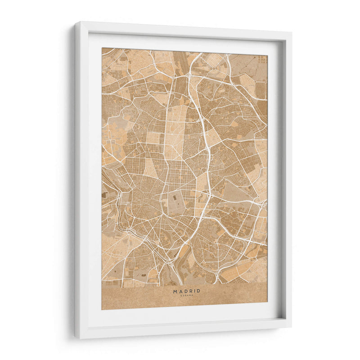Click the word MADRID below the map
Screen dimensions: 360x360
pyautogui.click(x=187, y=291)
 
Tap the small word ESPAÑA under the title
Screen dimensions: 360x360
pyautogui.click(x=187, y=296)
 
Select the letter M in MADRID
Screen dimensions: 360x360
pyautogui.click(x=175, y=291)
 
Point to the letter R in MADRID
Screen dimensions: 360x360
pyautogui.click(x=190, y=291)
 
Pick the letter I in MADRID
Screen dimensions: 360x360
pyautogui.click(x=194, y=291)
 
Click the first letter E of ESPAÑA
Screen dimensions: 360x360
pyautogui.click(x=181, y=296)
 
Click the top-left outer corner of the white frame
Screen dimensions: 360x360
pyautogui.click(x=75, y=22)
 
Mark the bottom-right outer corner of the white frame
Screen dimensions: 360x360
pyautogui.click(x=291, y=327)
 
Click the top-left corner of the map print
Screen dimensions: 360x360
pyautogui.click(x=102, y=48)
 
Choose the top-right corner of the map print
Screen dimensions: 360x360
pyautogui.click(x=267, y=54)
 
